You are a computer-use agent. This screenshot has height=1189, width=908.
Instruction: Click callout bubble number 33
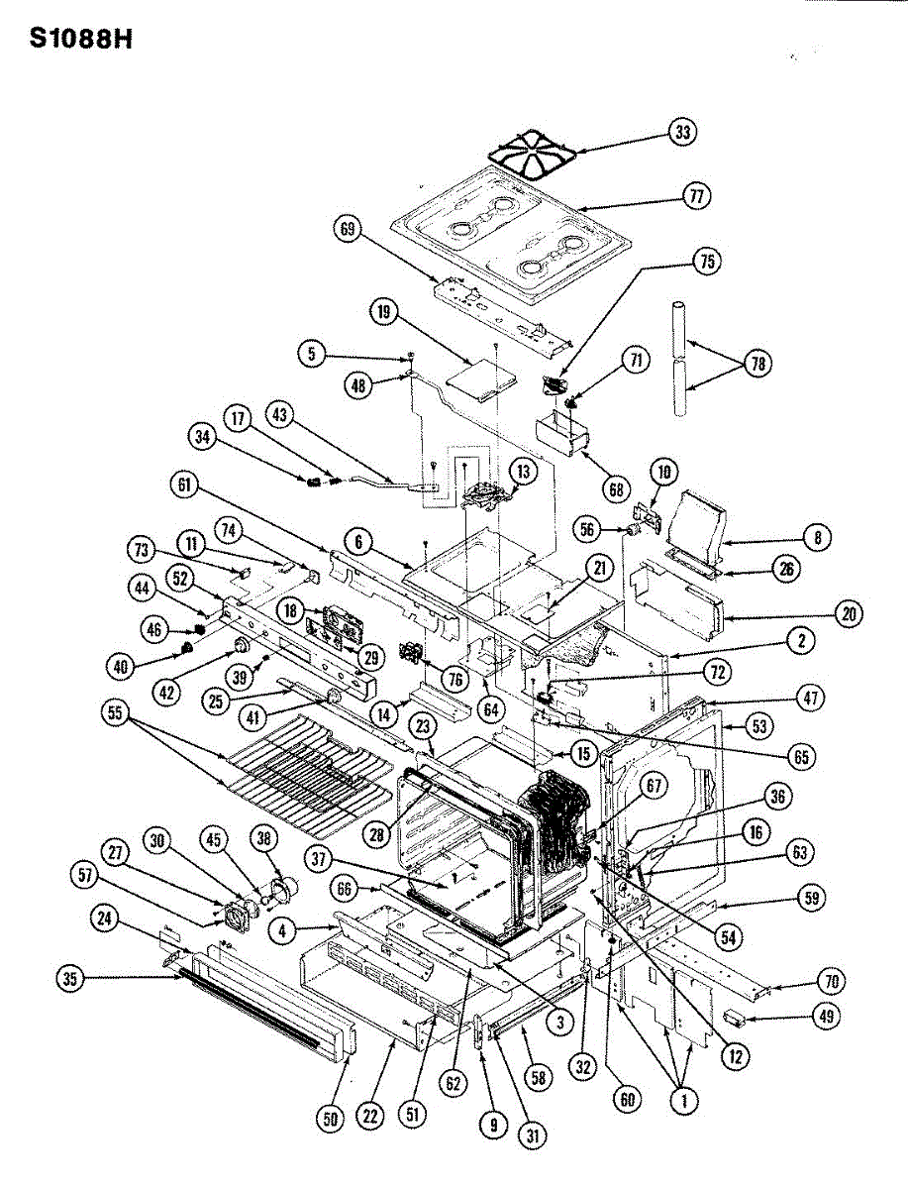(x=681, y=131)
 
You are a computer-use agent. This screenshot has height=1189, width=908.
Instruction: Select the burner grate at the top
(x=534, y=154)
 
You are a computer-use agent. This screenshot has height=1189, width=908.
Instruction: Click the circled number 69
(x=346, y=230)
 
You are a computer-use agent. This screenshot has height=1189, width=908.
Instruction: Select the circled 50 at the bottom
(x=329, y=1119)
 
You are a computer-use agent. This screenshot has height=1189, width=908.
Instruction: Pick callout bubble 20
(x=849, y=613)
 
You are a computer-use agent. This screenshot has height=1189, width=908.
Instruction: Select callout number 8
(x=817, y=538)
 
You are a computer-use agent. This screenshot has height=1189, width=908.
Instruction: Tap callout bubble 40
(x=121, y=667)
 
